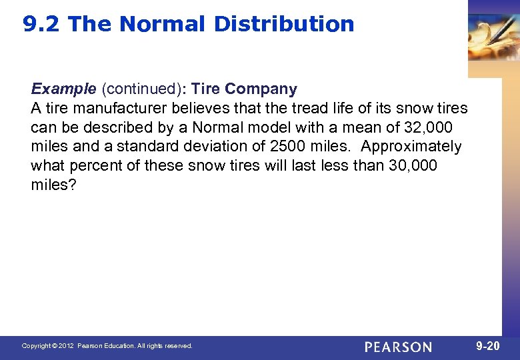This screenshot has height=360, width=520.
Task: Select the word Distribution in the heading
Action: (x=284, y=25)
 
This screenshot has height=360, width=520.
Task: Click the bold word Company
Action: (x=261, y=89)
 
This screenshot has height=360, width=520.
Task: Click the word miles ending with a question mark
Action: (x=53, y=185)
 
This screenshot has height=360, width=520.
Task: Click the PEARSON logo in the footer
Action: (x=398, y=347)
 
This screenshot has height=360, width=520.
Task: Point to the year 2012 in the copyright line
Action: (x=65, y=346)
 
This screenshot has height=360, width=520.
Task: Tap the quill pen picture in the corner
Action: (x=494, y=33)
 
